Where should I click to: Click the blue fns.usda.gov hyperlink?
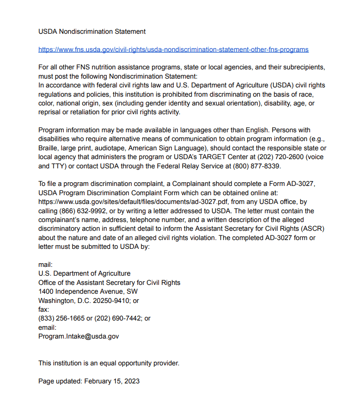[173, 49]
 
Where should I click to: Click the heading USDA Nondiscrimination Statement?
[92, 31]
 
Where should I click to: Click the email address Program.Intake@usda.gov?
[79, 336]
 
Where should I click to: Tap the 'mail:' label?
[45, 265]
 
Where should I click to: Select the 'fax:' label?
[43, 309]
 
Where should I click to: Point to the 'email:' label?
[47, 327]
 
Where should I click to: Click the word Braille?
[49, 148]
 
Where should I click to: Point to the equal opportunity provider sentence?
[109, 363]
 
